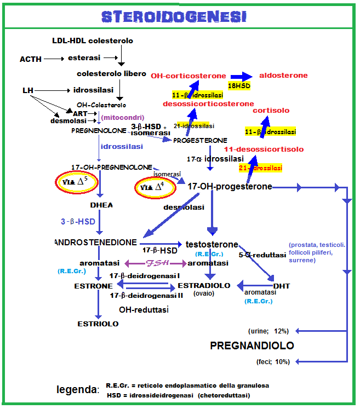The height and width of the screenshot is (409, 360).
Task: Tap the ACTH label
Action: [x=31, y=59]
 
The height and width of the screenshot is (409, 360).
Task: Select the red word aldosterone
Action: [x=283, y=76]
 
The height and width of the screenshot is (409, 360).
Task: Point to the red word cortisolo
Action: [x=271, y=111]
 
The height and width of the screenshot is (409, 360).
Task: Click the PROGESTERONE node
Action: [x=200, y=141]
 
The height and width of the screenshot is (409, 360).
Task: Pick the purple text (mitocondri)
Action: [x=122, y=117]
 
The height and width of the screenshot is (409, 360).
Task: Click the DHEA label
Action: [x=101, y=205]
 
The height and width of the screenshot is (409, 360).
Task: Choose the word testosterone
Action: [x=212, y=244]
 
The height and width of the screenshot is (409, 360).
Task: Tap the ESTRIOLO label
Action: [x=98, y=324]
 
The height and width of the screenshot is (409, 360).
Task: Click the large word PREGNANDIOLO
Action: [x=252, y=346]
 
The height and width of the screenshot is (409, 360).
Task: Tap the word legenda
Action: [x=77, y=390]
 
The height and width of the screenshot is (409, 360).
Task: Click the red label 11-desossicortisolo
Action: [x=264, y=149]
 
